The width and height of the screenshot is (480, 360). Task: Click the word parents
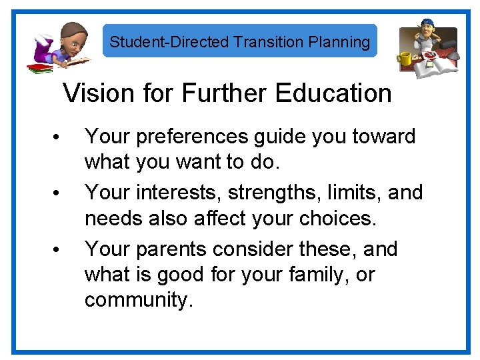pos(176,249)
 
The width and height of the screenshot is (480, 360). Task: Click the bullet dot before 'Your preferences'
pos(58,139)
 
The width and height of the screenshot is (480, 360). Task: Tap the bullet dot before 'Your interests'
pos(58,195)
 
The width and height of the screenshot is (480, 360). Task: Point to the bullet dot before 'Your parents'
pos(58,251)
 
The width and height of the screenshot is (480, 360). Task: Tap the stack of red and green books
pos(39,67)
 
